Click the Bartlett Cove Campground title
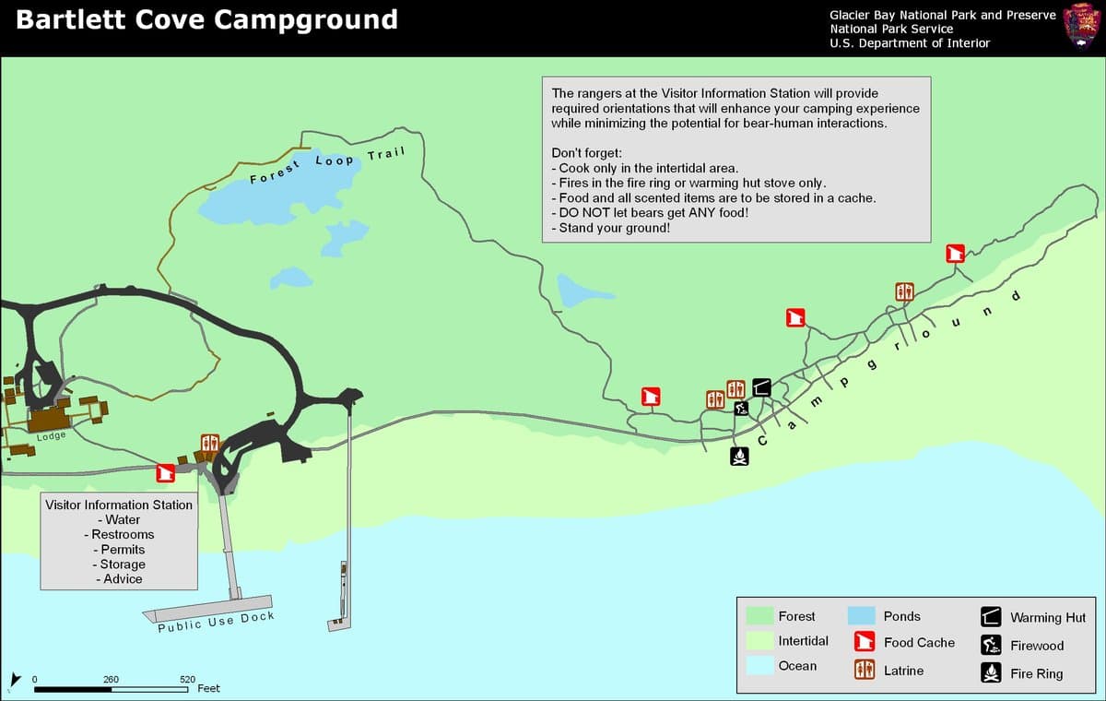(x=206, y=20)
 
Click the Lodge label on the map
(x=51, y=436)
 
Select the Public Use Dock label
(x=216, y=623)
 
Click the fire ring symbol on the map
(x=738, y=456)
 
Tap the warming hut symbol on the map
(x=761, y=386)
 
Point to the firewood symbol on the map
(x=741, y=409)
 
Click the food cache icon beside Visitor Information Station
(x=166, y=473)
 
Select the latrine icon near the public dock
(x=209, y=444)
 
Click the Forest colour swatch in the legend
(x=759, y=615)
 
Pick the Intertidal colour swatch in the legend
(x=759, y=641)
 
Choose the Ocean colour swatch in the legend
(x=759, y=666)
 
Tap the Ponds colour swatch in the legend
(x=861, y=615)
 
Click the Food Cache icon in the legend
(x=865, y=642)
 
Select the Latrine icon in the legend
(x=865, y=671)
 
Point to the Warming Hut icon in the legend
(x=991, y=616)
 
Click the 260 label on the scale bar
(x=111, y=680)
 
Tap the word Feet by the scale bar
(x=209, y=688)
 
